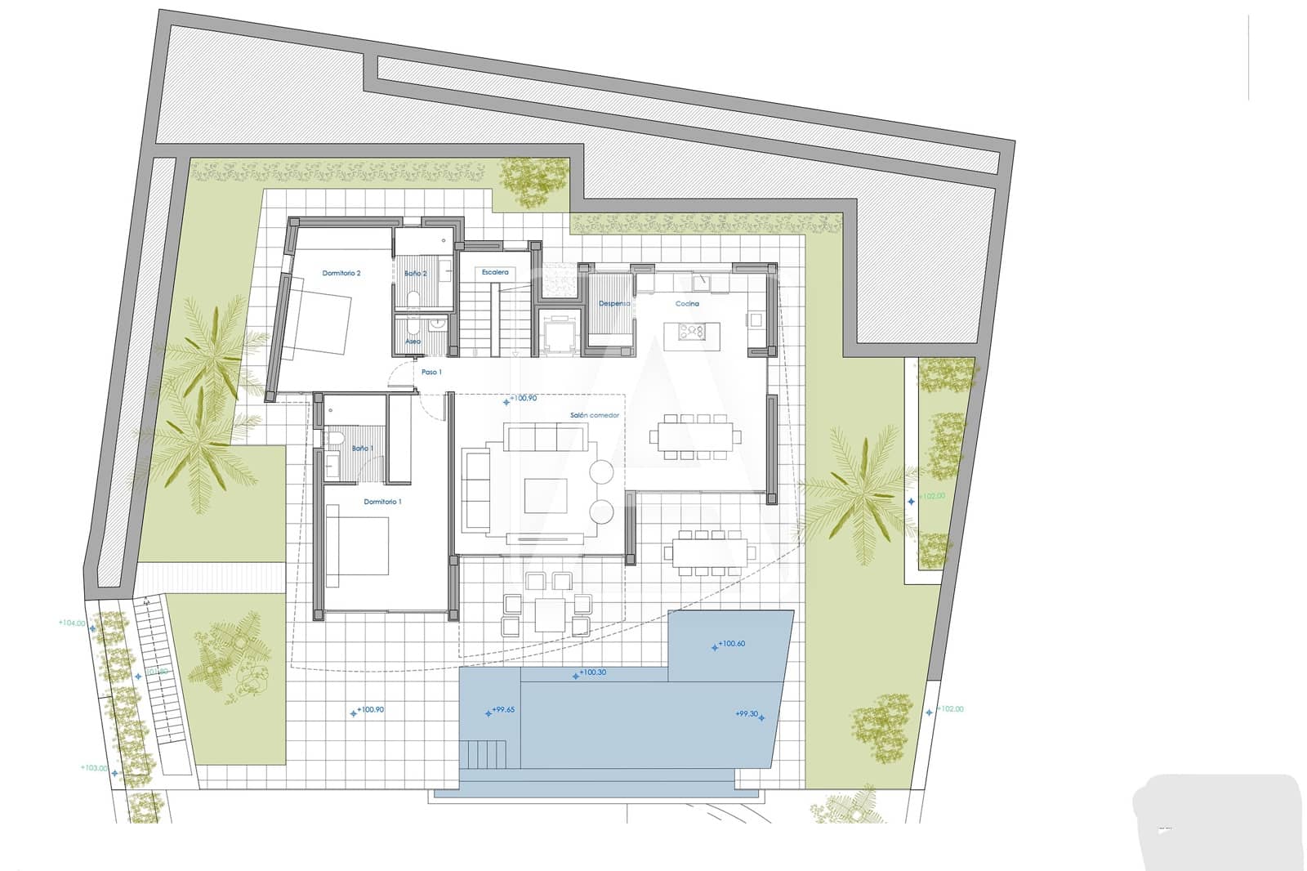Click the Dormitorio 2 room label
click(x=341, y=273)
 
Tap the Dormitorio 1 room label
click(x=382, y=502)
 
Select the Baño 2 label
click(x=416, y=273)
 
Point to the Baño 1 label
click(x=362, y=449)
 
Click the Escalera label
click(x=495, y=272)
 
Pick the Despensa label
click(x=614, y=303)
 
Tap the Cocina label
click(x=687, y=303)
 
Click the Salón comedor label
click(x=595, y=415)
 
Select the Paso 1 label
click(x=431, y=372)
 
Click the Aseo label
click(x=413, y=342)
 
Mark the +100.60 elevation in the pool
click(x=732, y=644)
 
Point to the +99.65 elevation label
click(x=503, y=710)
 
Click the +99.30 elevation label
click(x=747, y=713)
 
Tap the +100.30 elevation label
click(x=592, y=673)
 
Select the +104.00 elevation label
click(x=71, y=623)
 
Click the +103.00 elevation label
click(x=93, y=768)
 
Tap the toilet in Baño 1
click(x=333, y=441)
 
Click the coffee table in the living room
click(x=545, y=494)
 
